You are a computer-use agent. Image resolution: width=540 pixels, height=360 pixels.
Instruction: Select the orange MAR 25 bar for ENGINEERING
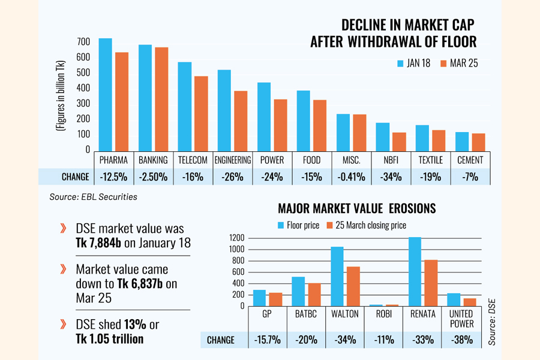241,120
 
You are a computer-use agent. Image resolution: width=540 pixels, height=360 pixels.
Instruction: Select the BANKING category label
153,160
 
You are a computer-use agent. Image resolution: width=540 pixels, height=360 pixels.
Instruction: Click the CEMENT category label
470,160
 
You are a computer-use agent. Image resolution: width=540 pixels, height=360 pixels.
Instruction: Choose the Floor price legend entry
298,226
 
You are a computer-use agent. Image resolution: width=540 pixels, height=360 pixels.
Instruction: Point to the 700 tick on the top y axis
83,41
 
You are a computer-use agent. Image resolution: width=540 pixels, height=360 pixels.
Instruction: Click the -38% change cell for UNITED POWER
461,340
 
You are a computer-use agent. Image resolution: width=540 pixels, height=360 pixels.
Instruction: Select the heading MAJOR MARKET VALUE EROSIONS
356,209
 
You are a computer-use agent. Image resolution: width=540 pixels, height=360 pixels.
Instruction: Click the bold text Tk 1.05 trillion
110,338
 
